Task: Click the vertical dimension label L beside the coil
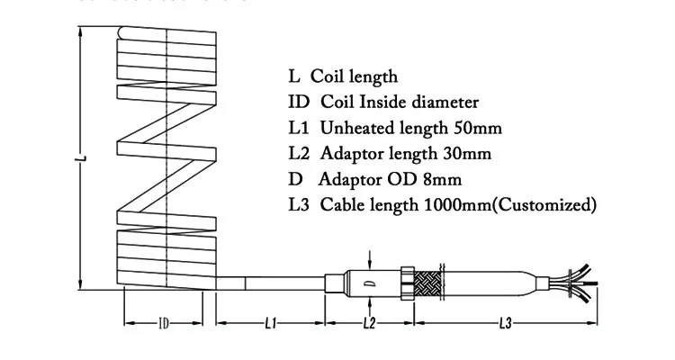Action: coord(82,159)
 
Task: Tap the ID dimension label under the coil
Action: coord(164,322)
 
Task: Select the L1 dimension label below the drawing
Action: coord(270,322)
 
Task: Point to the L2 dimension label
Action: coord(368,322)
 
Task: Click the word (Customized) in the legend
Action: coord(544,205)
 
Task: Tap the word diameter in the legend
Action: coord(445,103)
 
